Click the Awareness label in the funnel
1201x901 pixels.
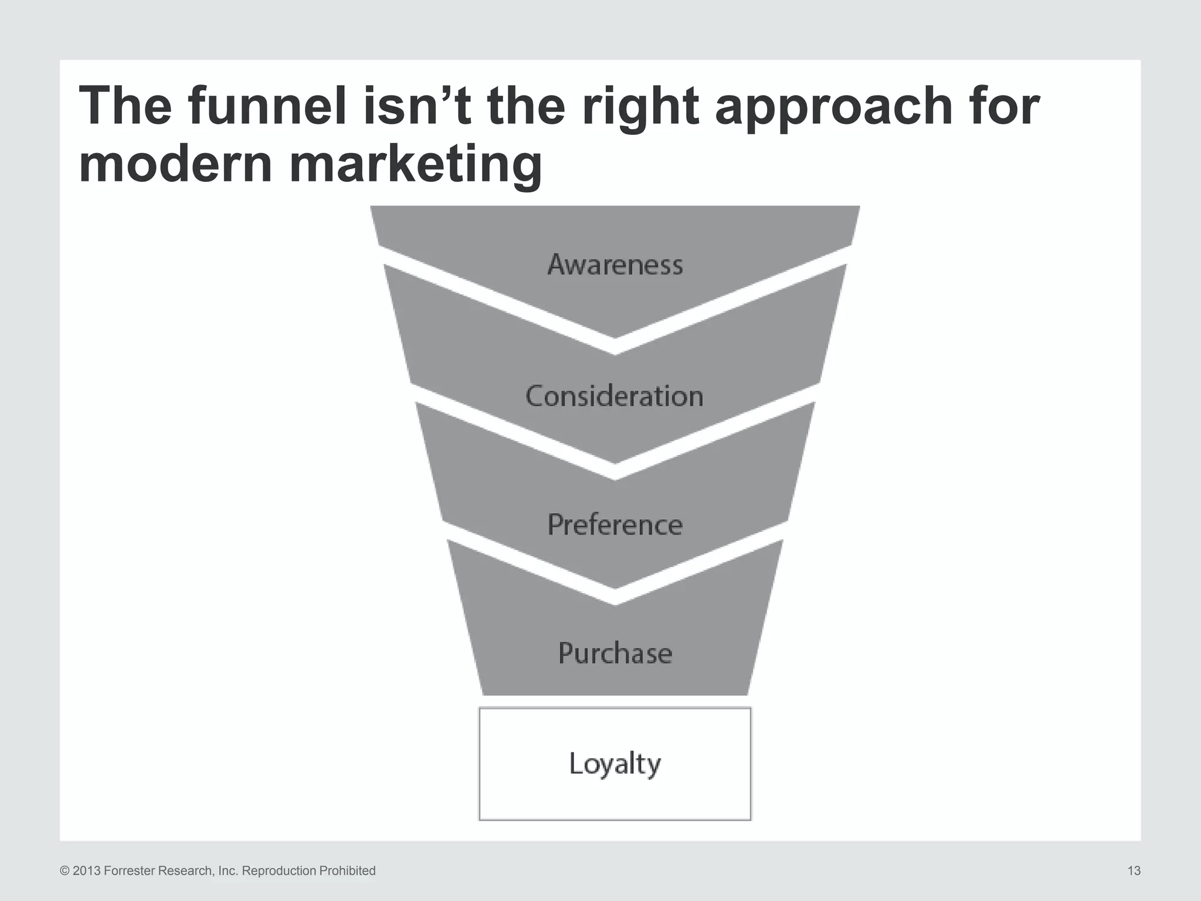tap(615, 265)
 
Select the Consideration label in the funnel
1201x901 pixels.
tap(615, 397)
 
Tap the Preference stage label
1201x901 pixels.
tap(615, 525)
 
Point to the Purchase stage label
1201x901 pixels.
tap(615, 653)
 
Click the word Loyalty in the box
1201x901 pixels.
tap(615, 764)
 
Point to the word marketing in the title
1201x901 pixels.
tap(415, 165)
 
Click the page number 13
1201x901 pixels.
tap(1134, 871)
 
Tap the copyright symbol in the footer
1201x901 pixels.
tap(65, 871)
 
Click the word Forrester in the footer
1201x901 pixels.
tap(129, 871)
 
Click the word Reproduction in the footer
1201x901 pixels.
tap(279, 871)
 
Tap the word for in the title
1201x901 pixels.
tap(1002, 106)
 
